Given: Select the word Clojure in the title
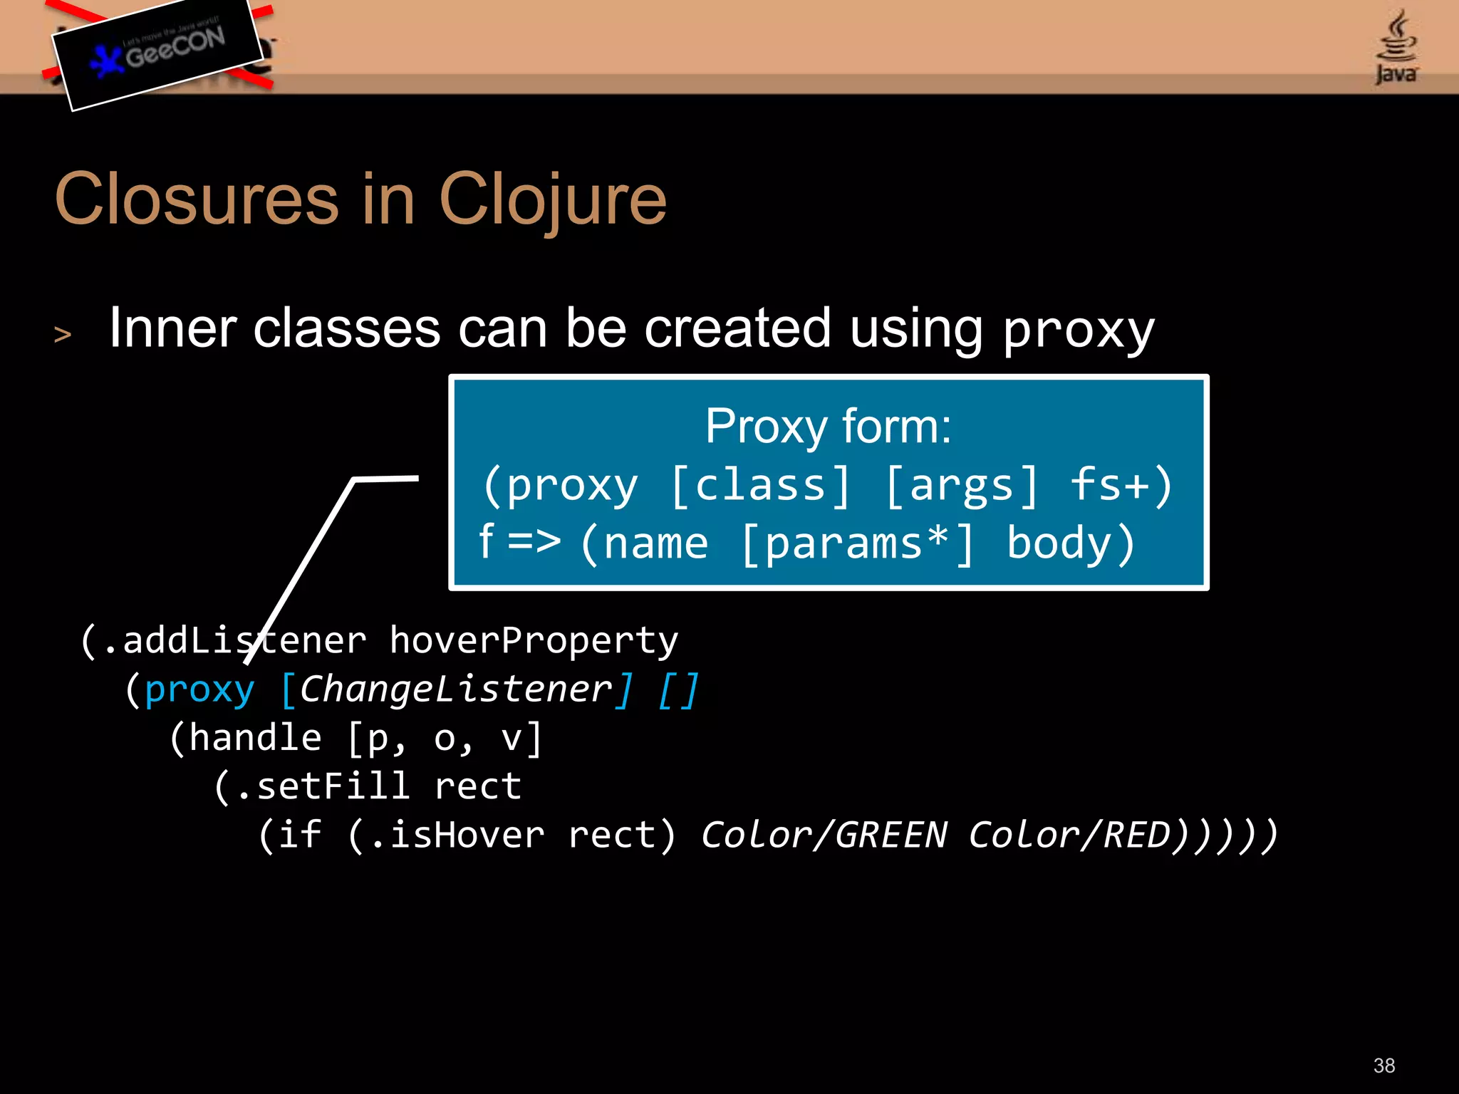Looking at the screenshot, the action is pos(552,201).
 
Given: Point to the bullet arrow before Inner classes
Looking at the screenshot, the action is pos(63,334).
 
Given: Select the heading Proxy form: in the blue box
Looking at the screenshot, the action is pos(828,427).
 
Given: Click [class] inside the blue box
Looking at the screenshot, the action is pos(760,486).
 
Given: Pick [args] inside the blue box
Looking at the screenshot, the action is pos(962,486).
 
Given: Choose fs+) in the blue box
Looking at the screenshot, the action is pos(1121,486).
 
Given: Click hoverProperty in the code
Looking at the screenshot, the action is pos(534,640).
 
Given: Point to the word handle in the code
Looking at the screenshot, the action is pos(255,738).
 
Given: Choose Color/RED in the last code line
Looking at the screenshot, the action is pos(1069,835).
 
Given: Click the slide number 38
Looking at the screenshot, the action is pos(1383,1066).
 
